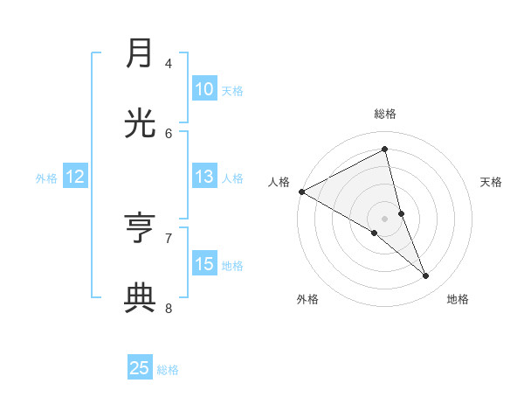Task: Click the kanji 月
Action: click(x=140, y=54)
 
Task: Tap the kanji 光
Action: click(x=140, y=124)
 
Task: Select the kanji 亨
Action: click(x=140, y=229)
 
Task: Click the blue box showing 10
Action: click(x=203, y=89)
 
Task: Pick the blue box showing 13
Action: click(x=203, y=177)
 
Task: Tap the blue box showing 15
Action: click(x=203, y=264)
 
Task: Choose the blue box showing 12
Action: click(x=75, y=177)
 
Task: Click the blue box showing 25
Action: click(x=140, y=368)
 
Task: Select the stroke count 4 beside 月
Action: click(x=169, y=63)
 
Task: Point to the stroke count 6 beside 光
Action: click(x=169, y=133)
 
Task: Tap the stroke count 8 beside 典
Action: click(x=169, y=308)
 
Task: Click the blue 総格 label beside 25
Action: click(x=168, y=370)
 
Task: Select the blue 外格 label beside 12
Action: click(x=46, y=178)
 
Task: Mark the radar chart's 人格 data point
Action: click(x=301, y=192)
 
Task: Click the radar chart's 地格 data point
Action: click(x=426, y=275)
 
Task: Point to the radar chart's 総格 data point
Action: click(x=384, y=149)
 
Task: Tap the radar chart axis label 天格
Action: click(x=492, y=182)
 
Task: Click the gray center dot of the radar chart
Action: click(x=384, y=218)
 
